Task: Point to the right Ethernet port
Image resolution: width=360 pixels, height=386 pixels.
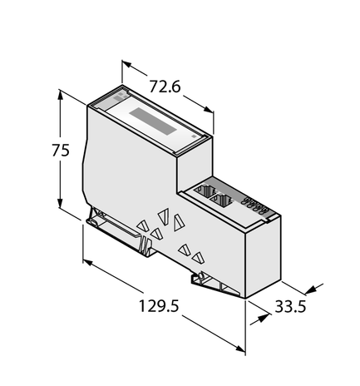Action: (x=225, y=200)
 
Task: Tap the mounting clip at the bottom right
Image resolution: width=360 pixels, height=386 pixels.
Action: (x=216, y=284)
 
